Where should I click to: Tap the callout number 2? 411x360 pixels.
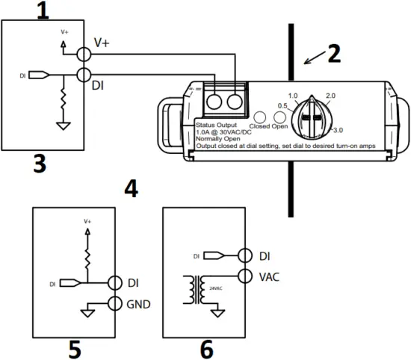(333, 53)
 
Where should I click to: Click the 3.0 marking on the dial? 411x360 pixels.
(339, 131)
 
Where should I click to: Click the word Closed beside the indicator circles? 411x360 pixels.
(259, 127)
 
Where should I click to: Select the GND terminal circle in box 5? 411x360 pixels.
(114, 302)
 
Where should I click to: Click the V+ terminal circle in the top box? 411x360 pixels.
(84, 55)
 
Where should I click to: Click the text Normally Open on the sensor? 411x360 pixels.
(218, 139)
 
